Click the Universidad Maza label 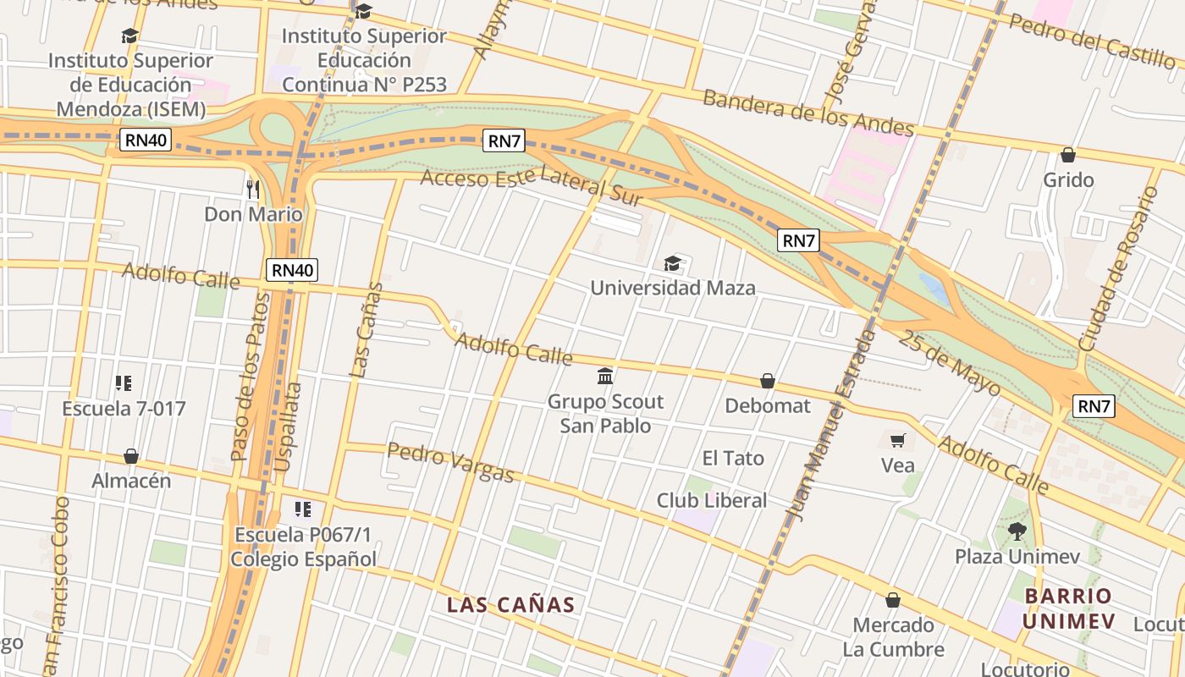click(672, 288)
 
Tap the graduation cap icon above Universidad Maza click(672, 264)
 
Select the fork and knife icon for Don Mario click(253, 189)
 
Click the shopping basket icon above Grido click(1068, 155)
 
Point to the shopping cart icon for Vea click(897, 440)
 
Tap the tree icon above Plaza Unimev click(1017, 531)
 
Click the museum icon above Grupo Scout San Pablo click(605, 376)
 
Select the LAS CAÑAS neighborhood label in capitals click(510, 605)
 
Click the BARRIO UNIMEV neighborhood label click(1068, 608)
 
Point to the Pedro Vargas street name click(450, 462)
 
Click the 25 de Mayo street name click(949, 364)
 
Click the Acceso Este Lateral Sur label click(532, 187)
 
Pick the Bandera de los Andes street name click(808, 113)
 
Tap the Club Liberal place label click(711, 500)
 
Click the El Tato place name click(733, 458)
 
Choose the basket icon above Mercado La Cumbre click(893, 600)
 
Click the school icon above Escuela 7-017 click(124, 383)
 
